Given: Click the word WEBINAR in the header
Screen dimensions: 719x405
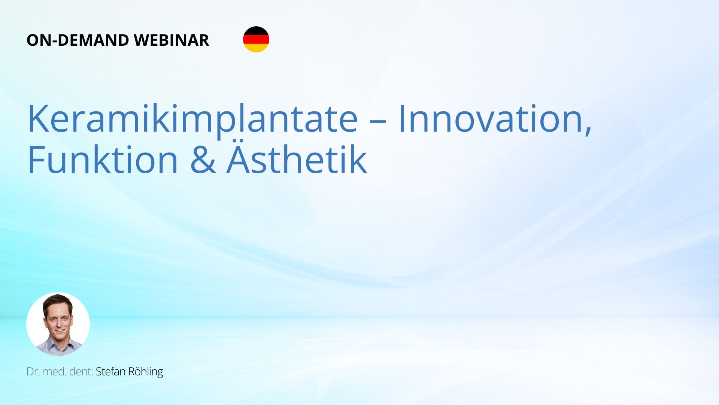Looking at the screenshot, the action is [x=171, y=40].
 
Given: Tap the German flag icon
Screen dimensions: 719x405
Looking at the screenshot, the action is [x=256, y=39].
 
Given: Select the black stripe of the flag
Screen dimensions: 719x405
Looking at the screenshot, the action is [x=256, y=30].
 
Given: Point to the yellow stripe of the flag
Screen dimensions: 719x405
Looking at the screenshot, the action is [x=256, y=48].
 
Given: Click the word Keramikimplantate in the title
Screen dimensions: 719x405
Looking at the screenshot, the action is [x=192, y=119].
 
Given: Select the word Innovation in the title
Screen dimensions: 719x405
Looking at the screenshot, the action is [x=490, y=118].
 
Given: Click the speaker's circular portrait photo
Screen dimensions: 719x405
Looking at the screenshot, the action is [x=58, y=324].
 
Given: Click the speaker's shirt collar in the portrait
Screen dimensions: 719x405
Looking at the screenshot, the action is [x=58, y=343].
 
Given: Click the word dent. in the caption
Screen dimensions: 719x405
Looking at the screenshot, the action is [x=81, y=372].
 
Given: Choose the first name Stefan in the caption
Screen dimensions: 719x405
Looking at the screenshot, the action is [x=110, y=371].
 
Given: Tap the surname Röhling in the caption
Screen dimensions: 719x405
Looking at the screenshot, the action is [x=146, y=372].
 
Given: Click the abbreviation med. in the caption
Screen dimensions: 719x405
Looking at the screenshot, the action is [x=55, y=372].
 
